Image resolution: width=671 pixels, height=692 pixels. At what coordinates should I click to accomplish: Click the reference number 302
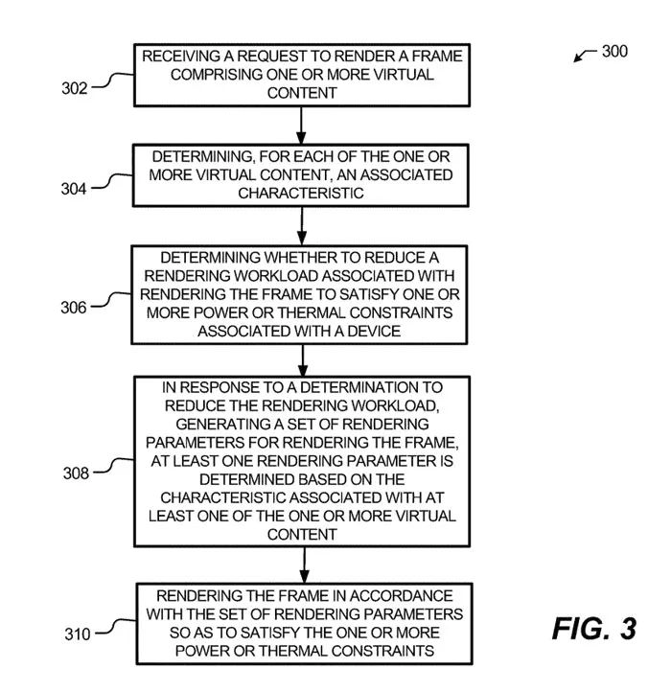[x=75, y=89]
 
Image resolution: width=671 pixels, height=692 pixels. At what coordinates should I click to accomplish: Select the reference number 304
[x=75, y=189]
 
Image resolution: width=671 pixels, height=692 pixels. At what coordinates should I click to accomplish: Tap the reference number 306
[x=75, y=307]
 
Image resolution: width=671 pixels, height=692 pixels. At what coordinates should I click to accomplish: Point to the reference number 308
[x=75, y=473]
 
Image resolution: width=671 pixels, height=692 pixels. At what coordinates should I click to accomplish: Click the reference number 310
[x=75, y=634]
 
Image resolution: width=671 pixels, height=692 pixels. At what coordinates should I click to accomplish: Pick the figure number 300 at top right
[x=614, y=51]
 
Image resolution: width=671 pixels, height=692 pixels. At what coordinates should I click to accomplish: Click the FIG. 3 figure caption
[x=593, y=629]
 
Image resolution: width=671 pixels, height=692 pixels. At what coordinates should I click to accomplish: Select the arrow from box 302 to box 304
[x=301, y=123]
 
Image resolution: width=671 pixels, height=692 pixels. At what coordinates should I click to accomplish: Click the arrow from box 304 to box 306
[x=301, y=224]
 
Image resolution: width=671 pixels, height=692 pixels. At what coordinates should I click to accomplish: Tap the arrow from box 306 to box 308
[x=301, y=358]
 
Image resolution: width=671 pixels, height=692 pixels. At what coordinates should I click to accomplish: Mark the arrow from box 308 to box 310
[x=301, y=564]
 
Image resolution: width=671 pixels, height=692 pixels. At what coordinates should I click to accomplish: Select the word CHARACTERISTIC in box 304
[x=302, y=193]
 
